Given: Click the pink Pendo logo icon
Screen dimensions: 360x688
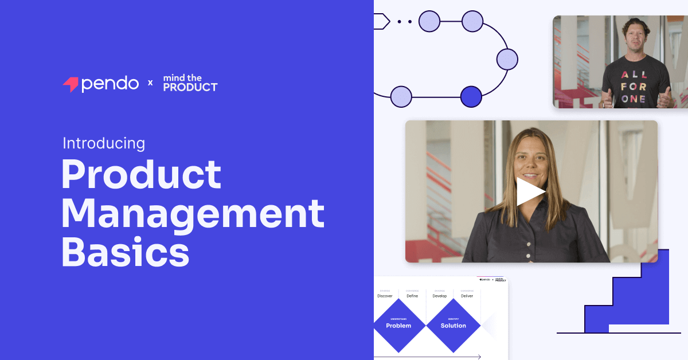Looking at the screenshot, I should [70, 84].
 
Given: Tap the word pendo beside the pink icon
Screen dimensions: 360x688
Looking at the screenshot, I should [110, 84].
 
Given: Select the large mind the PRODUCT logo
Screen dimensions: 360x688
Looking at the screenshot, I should [190, 83].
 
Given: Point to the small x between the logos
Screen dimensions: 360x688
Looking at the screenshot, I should [151, 83].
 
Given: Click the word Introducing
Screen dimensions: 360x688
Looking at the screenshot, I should [103, 143].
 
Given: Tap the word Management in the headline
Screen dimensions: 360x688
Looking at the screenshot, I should [193, 213].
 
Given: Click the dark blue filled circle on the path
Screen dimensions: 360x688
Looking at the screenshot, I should [471, 96].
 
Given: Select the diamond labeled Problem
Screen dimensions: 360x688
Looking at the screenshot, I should [398, 325].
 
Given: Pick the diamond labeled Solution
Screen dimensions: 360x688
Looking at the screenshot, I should [453, 325].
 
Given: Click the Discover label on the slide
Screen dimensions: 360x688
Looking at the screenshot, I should [385, 296].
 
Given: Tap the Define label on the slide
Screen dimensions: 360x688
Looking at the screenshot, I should [412, 296].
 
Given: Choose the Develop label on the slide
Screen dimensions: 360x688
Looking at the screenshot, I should [440, 296].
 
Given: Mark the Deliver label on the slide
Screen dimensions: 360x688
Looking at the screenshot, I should [467, 296].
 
